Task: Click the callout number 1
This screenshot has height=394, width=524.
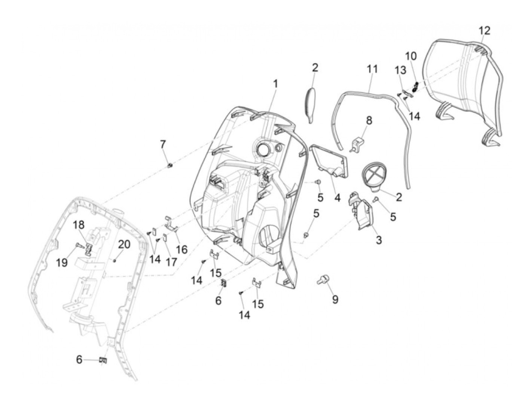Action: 275,84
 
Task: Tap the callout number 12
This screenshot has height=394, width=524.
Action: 484,30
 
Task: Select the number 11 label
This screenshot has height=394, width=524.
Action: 372,69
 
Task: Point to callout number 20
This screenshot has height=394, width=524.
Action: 124,245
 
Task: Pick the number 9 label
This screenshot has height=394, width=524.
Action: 335,299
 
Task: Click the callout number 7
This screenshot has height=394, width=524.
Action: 162,144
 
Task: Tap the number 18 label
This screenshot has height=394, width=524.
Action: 79,225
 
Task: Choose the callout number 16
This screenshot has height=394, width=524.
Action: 182,249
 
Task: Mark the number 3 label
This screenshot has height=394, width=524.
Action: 379,240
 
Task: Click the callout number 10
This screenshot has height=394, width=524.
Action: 411,56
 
